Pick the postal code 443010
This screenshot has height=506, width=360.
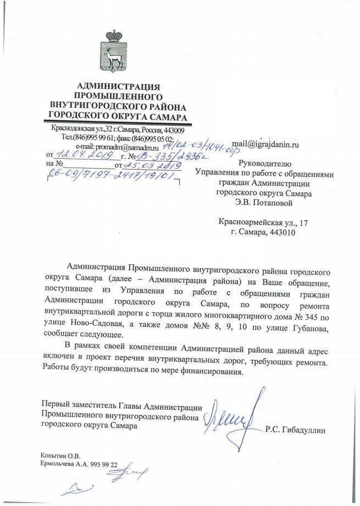(x=281, y=232)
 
